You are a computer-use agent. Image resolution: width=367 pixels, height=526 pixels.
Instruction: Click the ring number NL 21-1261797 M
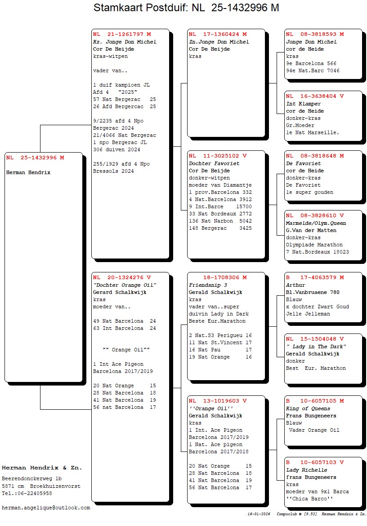click(122, 34)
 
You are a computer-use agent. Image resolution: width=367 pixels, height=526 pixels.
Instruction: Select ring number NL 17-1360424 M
click(218, 34)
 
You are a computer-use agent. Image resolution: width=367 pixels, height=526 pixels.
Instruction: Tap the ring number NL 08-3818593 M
click(315, 34)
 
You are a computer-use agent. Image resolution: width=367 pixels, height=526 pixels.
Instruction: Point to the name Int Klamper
click(304, 104)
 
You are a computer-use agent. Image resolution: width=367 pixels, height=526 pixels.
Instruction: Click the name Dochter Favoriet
click(214, 163)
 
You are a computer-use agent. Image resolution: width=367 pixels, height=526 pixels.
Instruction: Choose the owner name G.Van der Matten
click(311, 230)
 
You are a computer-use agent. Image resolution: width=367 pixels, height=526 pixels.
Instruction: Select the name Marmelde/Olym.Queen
click(316, 223)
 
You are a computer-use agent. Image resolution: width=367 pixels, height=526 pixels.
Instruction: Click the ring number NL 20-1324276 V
click(122, 277)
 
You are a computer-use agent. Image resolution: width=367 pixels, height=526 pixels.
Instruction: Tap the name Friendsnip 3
click(208, 285)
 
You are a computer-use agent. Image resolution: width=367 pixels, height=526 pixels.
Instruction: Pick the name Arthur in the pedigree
click(295, 285)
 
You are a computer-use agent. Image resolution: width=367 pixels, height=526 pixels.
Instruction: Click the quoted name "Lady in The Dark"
click(316, 346)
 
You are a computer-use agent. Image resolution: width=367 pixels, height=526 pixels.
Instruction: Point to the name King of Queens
click(308, 408)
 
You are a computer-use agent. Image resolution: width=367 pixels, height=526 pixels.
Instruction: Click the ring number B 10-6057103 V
click(315, 462)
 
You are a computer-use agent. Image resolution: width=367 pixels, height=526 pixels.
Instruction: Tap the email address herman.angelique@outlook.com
click(46, 508)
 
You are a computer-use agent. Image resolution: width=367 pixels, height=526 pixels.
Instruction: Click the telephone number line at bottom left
click(27, 493)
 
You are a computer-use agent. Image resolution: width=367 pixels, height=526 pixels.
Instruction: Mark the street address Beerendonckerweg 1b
click(31, 479)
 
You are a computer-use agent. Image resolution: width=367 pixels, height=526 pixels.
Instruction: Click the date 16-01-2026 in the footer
click(259, 514)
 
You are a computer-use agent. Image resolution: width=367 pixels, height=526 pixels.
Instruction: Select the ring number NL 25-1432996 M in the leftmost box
click(35, 158)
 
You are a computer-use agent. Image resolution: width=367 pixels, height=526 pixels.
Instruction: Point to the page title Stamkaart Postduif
click(141, 8)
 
